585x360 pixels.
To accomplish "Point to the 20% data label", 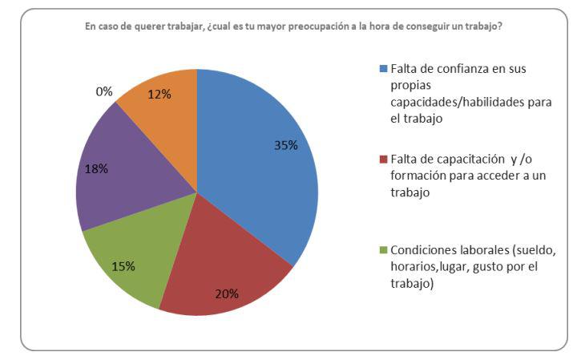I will point(228,293).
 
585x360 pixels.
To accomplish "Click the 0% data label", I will point(104,92).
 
